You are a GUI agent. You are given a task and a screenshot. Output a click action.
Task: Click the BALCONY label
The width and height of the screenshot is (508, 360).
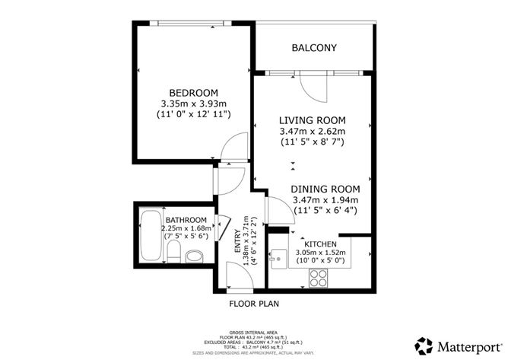click(x=313, y=48)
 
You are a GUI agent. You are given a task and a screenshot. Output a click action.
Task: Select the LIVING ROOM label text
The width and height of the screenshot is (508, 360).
click(x=312, y=120)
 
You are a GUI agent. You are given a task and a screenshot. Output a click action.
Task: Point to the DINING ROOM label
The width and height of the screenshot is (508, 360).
click(x=325, y=188)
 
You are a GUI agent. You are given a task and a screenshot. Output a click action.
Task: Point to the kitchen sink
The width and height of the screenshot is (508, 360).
click(x=279, y=256)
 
